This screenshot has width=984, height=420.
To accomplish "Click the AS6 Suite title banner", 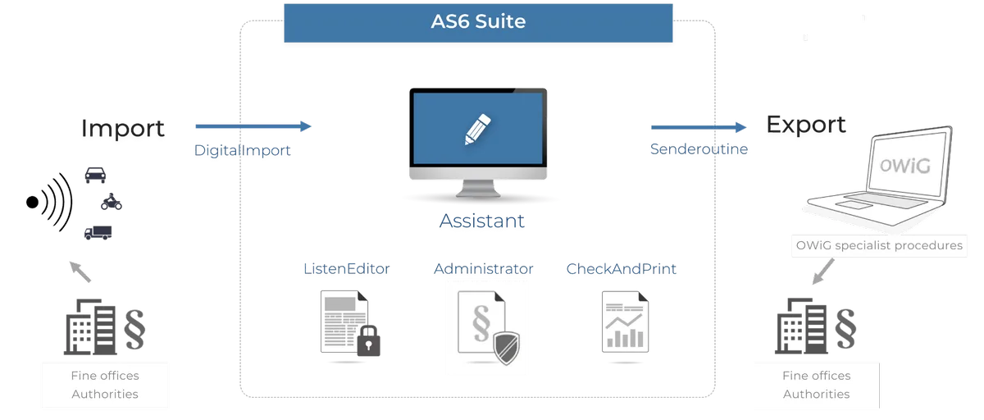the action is tap(478, 23).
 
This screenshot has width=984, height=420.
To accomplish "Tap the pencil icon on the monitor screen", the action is tap(477, 129).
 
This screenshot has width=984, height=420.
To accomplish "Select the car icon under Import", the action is tap(95, 175).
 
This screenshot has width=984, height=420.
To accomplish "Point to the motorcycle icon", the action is tap(112, 202).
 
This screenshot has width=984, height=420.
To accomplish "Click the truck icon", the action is tap(98, 233).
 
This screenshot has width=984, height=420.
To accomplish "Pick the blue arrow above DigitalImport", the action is tap(253, 126).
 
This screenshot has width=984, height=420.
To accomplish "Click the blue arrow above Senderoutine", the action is tap(699, 127).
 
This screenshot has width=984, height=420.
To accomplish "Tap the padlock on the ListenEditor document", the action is tap(368, 341).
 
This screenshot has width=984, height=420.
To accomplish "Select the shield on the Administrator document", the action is tap(507, 348).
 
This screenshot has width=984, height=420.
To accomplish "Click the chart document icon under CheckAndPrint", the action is tap(625, 322).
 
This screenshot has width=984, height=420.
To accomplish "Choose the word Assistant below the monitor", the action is tap(482, 221).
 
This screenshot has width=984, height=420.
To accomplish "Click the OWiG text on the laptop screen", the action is tap(905, 166).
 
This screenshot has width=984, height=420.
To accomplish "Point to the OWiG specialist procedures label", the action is tap(879, 245).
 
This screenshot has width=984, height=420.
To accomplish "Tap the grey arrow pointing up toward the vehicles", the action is tap(80, 272).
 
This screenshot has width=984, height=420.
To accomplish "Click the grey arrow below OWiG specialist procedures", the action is tap(822, 271).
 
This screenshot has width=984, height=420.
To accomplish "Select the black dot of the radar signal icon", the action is tap(33, 202).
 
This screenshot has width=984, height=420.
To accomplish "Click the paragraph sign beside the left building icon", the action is tap(134, 330).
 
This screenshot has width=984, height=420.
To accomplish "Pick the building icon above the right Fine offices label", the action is tap(801, 326).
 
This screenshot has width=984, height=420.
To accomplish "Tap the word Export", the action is tap(805, 125).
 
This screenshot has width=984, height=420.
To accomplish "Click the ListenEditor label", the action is tap(347, 268).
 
